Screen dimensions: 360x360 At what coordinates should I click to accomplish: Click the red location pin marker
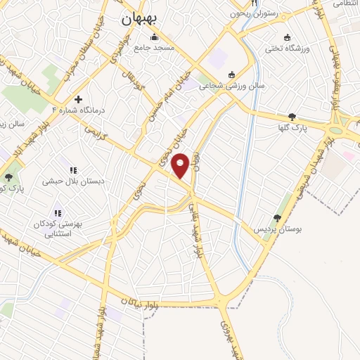pos(181,165)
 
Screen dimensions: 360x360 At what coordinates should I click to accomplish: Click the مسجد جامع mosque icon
pos(155,37)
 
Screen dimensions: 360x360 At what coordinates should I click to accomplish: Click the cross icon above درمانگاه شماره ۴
pos(78,99)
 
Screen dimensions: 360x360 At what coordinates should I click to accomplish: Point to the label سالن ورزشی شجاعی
pos(224,86)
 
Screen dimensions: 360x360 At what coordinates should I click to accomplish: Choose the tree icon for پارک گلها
pos(292,117)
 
